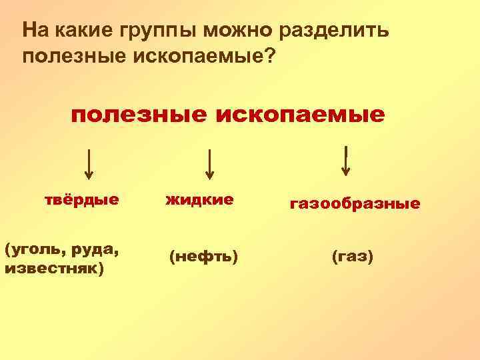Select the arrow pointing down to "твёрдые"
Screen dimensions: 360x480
tap(89, 163)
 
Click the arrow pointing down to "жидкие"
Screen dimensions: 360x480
tap(209, 163)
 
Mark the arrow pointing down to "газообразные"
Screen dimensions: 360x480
tap(346, 160)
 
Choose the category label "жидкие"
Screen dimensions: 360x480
tap(199, 199)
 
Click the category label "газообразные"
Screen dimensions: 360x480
tap(355, 203)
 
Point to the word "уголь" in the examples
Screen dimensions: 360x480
tap(33, 251)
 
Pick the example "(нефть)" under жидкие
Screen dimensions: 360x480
tap(203, 255)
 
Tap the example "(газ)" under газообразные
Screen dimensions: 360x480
tap(352, 255)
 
